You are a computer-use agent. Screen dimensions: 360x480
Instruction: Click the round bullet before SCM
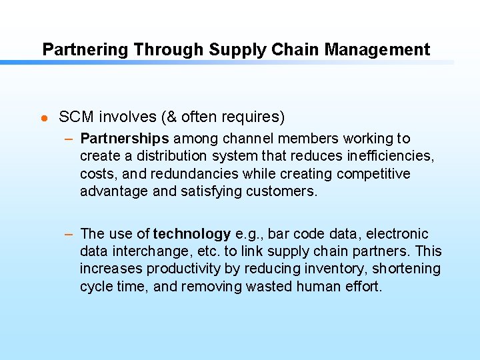point(43,118)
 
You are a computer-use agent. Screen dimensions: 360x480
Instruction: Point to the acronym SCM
point(77,117)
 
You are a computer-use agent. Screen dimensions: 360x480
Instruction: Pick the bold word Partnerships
point(125,139)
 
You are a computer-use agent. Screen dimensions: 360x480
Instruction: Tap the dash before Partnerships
point(69,139)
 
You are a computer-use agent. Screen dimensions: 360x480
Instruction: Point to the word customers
point(284,192)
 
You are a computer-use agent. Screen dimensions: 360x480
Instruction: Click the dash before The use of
point(69,234)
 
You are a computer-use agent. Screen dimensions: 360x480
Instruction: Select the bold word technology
point(192,234)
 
